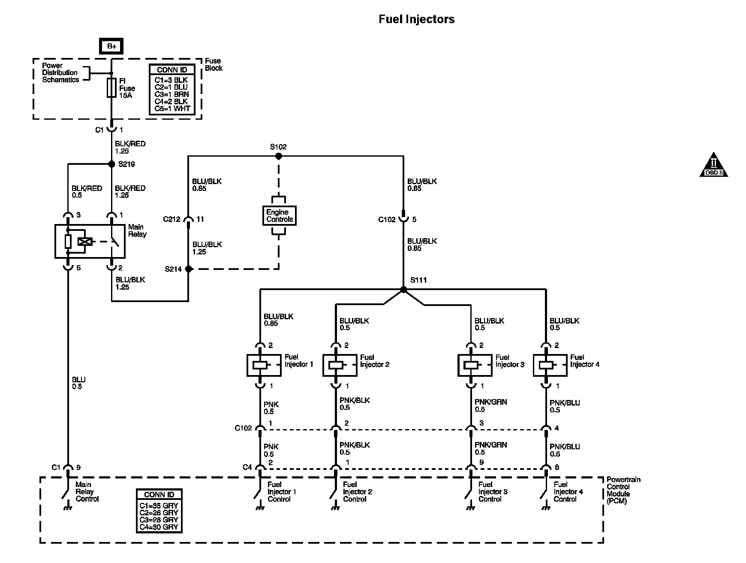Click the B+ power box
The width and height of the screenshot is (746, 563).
pos(111,46)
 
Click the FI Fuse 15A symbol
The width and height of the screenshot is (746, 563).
pos(111,88)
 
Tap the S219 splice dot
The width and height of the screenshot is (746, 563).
pos(111,163)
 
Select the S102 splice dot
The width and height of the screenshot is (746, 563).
pos(278,156)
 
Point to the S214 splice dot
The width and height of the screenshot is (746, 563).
pos(188,269)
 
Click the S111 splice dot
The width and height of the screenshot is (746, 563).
pos(403,290)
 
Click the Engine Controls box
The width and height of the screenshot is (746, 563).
pos(279,215)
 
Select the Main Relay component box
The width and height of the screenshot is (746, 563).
pos(90,241)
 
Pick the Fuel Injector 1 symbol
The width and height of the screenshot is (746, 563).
pos(260,365)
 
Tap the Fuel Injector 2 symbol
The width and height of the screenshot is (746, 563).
pos(336,365)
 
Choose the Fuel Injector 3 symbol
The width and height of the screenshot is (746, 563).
pos(471,365)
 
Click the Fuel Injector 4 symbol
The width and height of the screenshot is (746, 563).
pos(546,365)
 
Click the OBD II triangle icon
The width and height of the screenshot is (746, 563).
pos(714,165)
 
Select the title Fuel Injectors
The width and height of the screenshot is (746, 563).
pos(416,19)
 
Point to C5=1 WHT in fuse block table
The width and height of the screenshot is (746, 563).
pos(172,109)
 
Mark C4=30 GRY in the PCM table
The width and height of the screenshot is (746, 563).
pos(159,527)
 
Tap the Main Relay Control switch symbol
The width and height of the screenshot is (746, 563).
pos(67,493)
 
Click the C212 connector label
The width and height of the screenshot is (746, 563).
pos(171,219)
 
